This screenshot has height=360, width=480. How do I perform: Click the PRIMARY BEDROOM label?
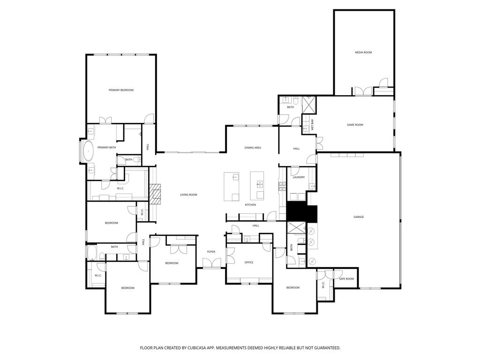pyautogui.click(x=121, y=90)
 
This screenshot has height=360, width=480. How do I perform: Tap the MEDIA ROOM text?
pyautogui.click(x=363, y=52)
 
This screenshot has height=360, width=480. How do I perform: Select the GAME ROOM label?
pyautogui.click(x=355, y=125)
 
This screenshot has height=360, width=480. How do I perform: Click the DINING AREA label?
pyautogui.click(x=253, y=148)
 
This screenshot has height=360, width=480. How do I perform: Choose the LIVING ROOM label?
pyautogui.click(x=189, y=195)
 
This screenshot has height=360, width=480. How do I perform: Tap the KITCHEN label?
pyautogui.click(x=251, y=205)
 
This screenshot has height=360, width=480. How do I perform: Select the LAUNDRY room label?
pyautogui.click(x=299, y=177)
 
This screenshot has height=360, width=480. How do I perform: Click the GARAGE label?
pyautogui.click(x=359, y=217)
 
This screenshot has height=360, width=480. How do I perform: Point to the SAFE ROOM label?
pyautogui.click(x=346, y=279)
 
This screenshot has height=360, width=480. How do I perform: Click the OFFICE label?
pyautogui.click(x=249, y=262)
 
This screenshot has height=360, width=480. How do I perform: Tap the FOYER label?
pyautogui.click(x=211, y=252)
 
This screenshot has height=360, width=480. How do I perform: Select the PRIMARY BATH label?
pyautogui.click(x=106, y=148)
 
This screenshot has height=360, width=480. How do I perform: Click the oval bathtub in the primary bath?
pyautogui.click(x=88, y=151)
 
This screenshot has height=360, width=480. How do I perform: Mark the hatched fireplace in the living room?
pyautogui.click(x=156, y=194)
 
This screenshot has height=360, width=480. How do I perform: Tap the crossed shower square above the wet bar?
pyautogui.click(x=309, y=105)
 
